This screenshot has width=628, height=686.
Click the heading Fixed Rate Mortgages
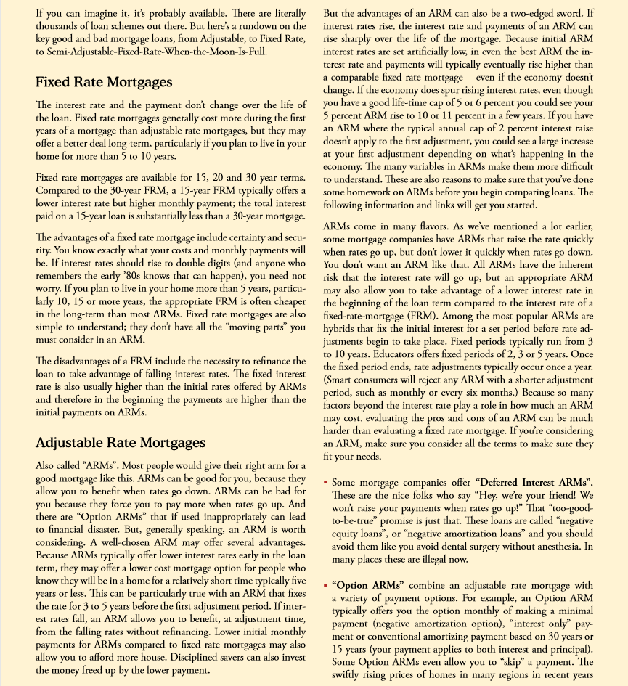pos(104,82)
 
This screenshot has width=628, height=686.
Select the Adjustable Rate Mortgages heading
pos(121,442)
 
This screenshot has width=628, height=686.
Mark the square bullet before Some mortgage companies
pos(326,483)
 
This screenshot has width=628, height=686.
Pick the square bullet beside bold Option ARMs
pos(326,586)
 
